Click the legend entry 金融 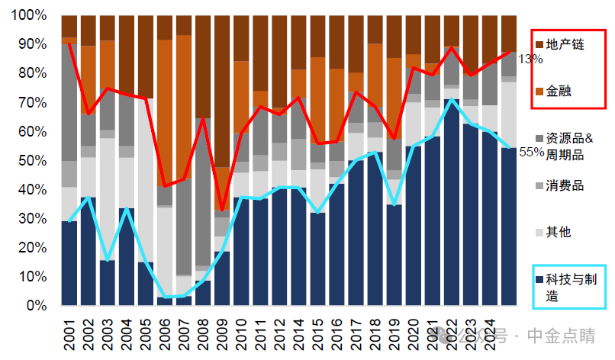560,91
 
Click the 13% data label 531,59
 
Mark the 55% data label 531,152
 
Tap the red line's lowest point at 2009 222,210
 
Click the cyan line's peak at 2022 452,99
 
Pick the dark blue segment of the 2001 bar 69,263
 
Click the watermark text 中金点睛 564,336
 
